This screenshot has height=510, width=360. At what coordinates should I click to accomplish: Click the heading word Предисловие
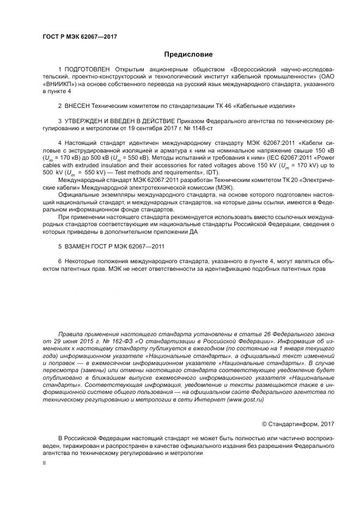point(188,54)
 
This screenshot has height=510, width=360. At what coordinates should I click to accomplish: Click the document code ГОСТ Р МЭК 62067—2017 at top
point(80,37)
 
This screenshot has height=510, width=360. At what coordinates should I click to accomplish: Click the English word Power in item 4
point(326,158)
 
